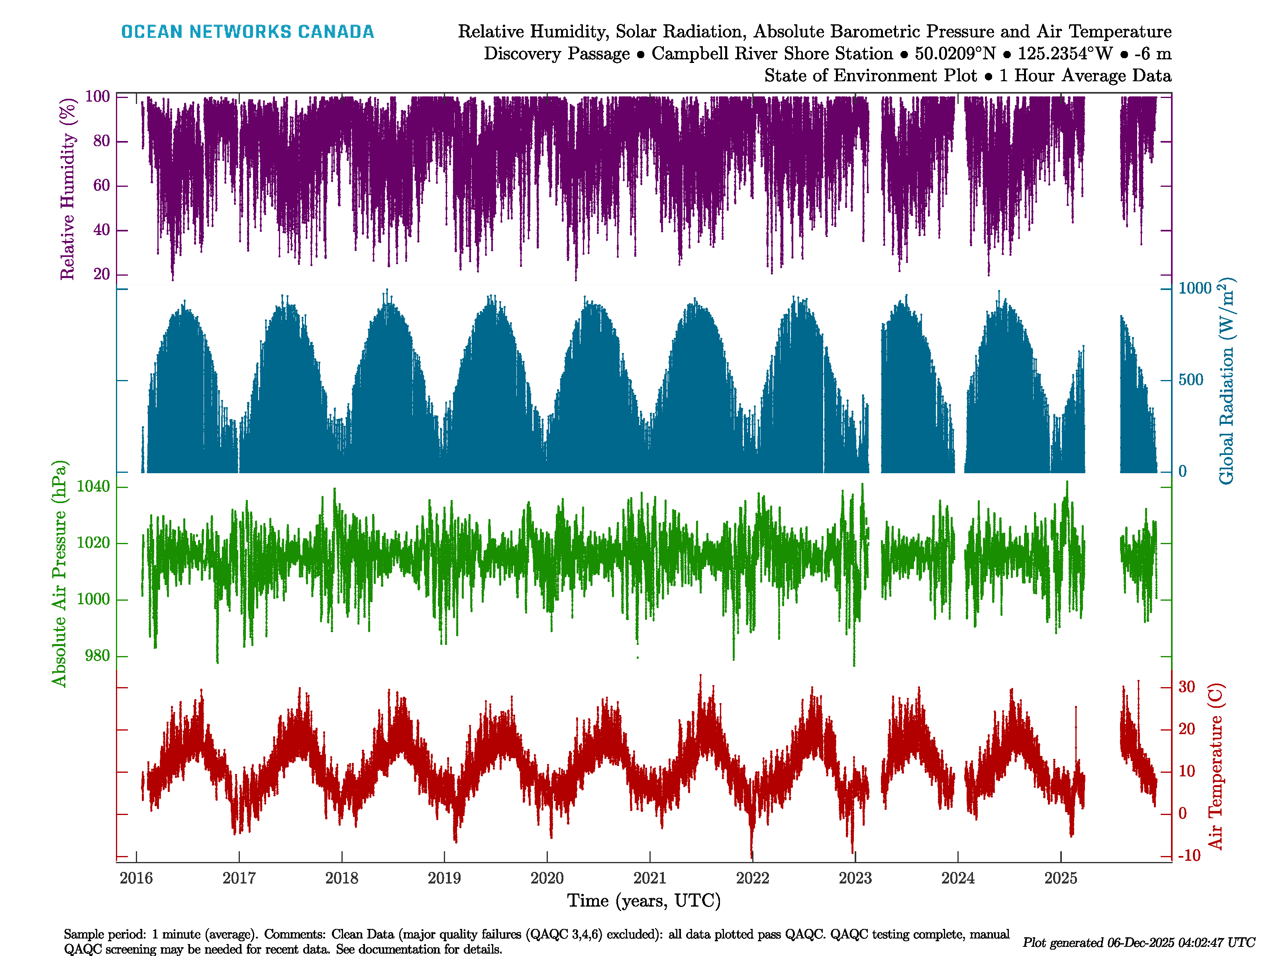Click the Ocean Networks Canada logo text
click(x=247, y=32)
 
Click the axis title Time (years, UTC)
click(x=644, y=901)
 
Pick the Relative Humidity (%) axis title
click(x=68, y=189)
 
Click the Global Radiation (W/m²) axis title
click(x=1226, y=382)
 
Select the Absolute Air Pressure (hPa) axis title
click(x=59, y=573)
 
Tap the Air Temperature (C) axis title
click(x=1215, y=766)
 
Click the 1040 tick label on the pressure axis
click(x=93, y=487)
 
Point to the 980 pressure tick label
click(x=97, y=656)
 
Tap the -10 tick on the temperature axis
click(x=1189, y=855)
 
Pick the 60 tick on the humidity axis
click(x=102, y=186)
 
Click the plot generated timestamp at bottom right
click(x=1138, y=943)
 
